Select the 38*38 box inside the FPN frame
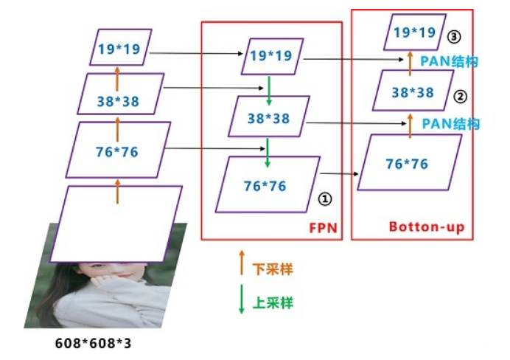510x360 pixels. [x=268, y=117]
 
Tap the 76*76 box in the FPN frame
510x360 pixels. [x=268, y=184]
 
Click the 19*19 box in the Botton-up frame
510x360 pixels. [x=415, y=32]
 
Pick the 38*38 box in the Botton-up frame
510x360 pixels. [x=412, y=92]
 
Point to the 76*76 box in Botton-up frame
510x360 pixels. [x=409, y=162]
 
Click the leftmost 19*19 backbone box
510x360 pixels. [x=120, y=49]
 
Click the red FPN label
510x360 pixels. [x=321, y=227]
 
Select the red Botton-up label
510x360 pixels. [x=426, y=227]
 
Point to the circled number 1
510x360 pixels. [x=325, y=198]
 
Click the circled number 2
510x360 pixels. [x=460, y=96]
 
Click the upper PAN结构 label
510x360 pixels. [x=449, y=61]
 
